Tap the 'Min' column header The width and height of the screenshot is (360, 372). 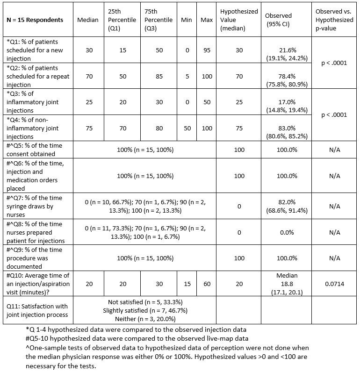[x=187, y=20]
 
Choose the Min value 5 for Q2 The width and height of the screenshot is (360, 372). [x=187, y=76]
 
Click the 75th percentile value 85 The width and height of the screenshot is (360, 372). [x=159, y=76]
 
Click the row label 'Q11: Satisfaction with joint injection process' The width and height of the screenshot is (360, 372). [x=37, y=310]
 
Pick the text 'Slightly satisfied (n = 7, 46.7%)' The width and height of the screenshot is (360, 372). [x=145, y=310]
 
